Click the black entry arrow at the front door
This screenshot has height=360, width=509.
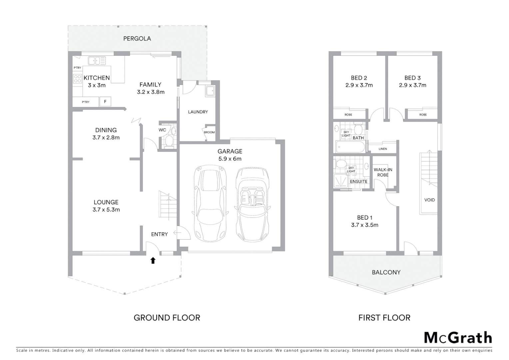coord(153,261)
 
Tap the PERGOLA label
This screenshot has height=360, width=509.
coord(137,39)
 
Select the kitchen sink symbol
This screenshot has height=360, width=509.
coord(97,61)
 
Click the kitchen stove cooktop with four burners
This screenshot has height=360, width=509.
coord(78,79)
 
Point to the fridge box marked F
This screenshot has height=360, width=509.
coord(105,102)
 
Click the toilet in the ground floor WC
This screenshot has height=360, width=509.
coord(169,141)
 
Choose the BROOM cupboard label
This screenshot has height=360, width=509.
coord(209,132)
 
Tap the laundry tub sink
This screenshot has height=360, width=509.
coord(210,91)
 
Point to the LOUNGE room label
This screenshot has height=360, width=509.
coord(106,202)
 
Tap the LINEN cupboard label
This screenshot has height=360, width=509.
coord(383,149)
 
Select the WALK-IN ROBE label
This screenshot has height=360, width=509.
coord(383,172)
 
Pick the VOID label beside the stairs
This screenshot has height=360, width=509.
coord(429,200)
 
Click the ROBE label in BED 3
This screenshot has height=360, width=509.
coord(423,115)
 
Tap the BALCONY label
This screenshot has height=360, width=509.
coord(386,272)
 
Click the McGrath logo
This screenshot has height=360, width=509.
coord(458,338)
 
